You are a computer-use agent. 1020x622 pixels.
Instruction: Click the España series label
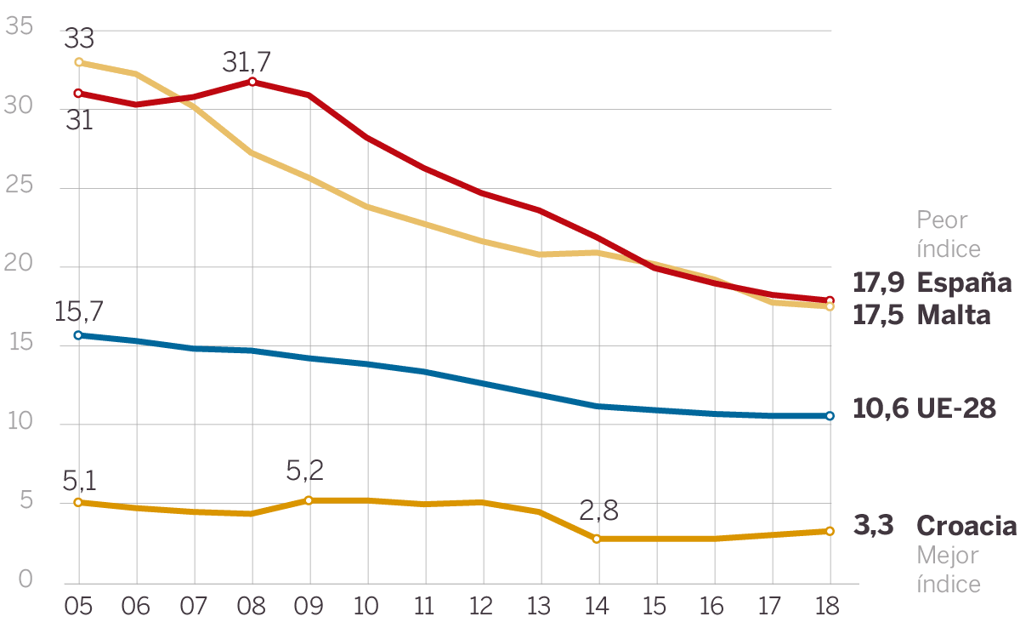click(x=965, y=282)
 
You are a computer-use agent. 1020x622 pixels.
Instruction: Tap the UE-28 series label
click(x=956, y=408)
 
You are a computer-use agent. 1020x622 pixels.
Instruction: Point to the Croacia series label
click(x=966, y=526)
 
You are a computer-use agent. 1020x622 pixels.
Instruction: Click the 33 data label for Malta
click(x=78, y=39)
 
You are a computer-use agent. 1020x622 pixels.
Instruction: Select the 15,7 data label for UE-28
click(x=79, y=311)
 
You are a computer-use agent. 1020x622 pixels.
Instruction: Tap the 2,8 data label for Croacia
click(x=598, y=512)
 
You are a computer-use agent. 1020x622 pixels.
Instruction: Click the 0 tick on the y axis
click(x=25, y=579)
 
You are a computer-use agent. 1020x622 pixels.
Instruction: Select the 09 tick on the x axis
click(x=308, y=606)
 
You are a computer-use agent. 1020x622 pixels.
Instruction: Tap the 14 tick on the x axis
click(x=597, y=606)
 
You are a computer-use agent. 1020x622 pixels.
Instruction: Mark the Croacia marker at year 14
click(x=597, y=539)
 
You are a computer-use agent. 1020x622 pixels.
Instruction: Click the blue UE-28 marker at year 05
click(x=79, y=335)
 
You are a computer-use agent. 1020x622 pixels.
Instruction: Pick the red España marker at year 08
click(x=252, y=82)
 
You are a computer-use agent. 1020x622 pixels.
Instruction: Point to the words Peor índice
click(x=948, y=234)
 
